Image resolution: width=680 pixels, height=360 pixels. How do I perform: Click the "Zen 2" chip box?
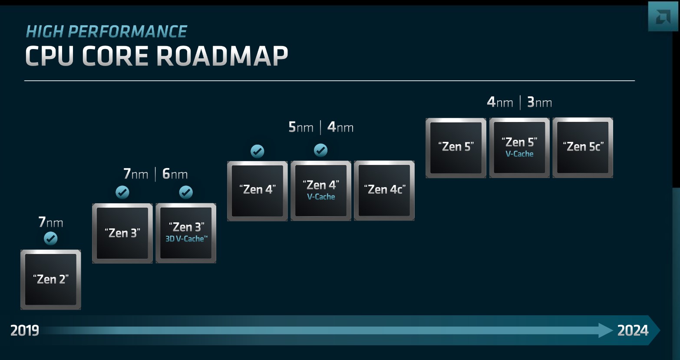pos(51,280)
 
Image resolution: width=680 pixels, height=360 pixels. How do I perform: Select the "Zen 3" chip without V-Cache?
pos(122,233)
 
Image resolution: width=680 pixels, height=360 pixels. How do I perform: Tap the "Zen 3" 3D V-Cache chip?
pos(186,233)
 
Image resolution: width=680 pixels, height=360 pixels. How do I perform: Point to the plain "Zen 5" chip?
pos(456,148)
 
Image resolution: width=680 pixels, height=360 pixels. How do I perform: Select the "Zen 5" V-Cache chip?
pos(519,148)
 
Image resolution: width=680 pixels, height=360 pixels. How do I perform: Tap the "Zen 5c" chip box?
pos(583,148)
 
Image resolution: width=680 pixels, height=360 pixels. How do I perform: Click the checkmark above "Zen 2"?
pos(51,238)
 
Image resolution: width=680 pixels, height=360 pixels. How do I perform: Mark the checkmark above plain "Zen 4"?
pos(257,151)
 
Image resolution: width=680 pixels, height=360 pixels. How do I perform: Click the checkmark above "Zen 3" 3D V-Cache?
pos(186,192)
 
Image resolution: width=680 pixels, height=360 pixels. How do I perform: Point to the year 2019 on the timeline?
pos(25,330)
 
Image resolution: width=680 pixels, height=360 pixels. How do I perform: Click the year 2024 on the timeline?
pos(633,330)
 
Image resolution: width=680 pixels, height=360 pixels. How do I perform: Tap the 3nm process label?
pos(539,102)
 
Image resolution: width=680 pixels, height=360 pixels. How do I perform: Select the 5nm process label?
pos(300,127)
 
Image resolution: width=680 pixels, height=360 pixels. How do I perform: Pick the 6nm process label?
pos(175,174)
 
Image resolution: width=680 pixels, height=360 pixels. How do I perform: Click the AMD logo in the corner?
pos(663,17)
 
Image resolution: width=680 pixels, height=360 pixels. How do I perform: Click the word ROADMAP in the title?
pos(222,56)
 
